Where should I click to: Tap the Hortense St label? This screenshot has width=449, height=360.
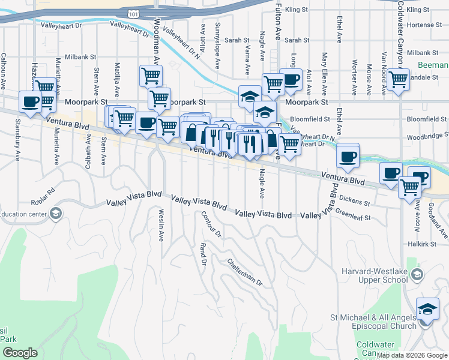(427, 25)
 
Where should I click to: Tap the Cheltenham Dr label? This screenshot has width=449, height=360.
(245, 272)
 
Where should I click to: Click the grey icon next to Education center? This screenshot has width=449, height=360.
(55, 214)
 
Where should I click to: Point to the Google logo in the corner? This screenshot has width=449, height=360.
(20, 353)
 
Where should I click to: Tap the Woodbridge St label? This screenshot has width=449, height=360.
(427, 136)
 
